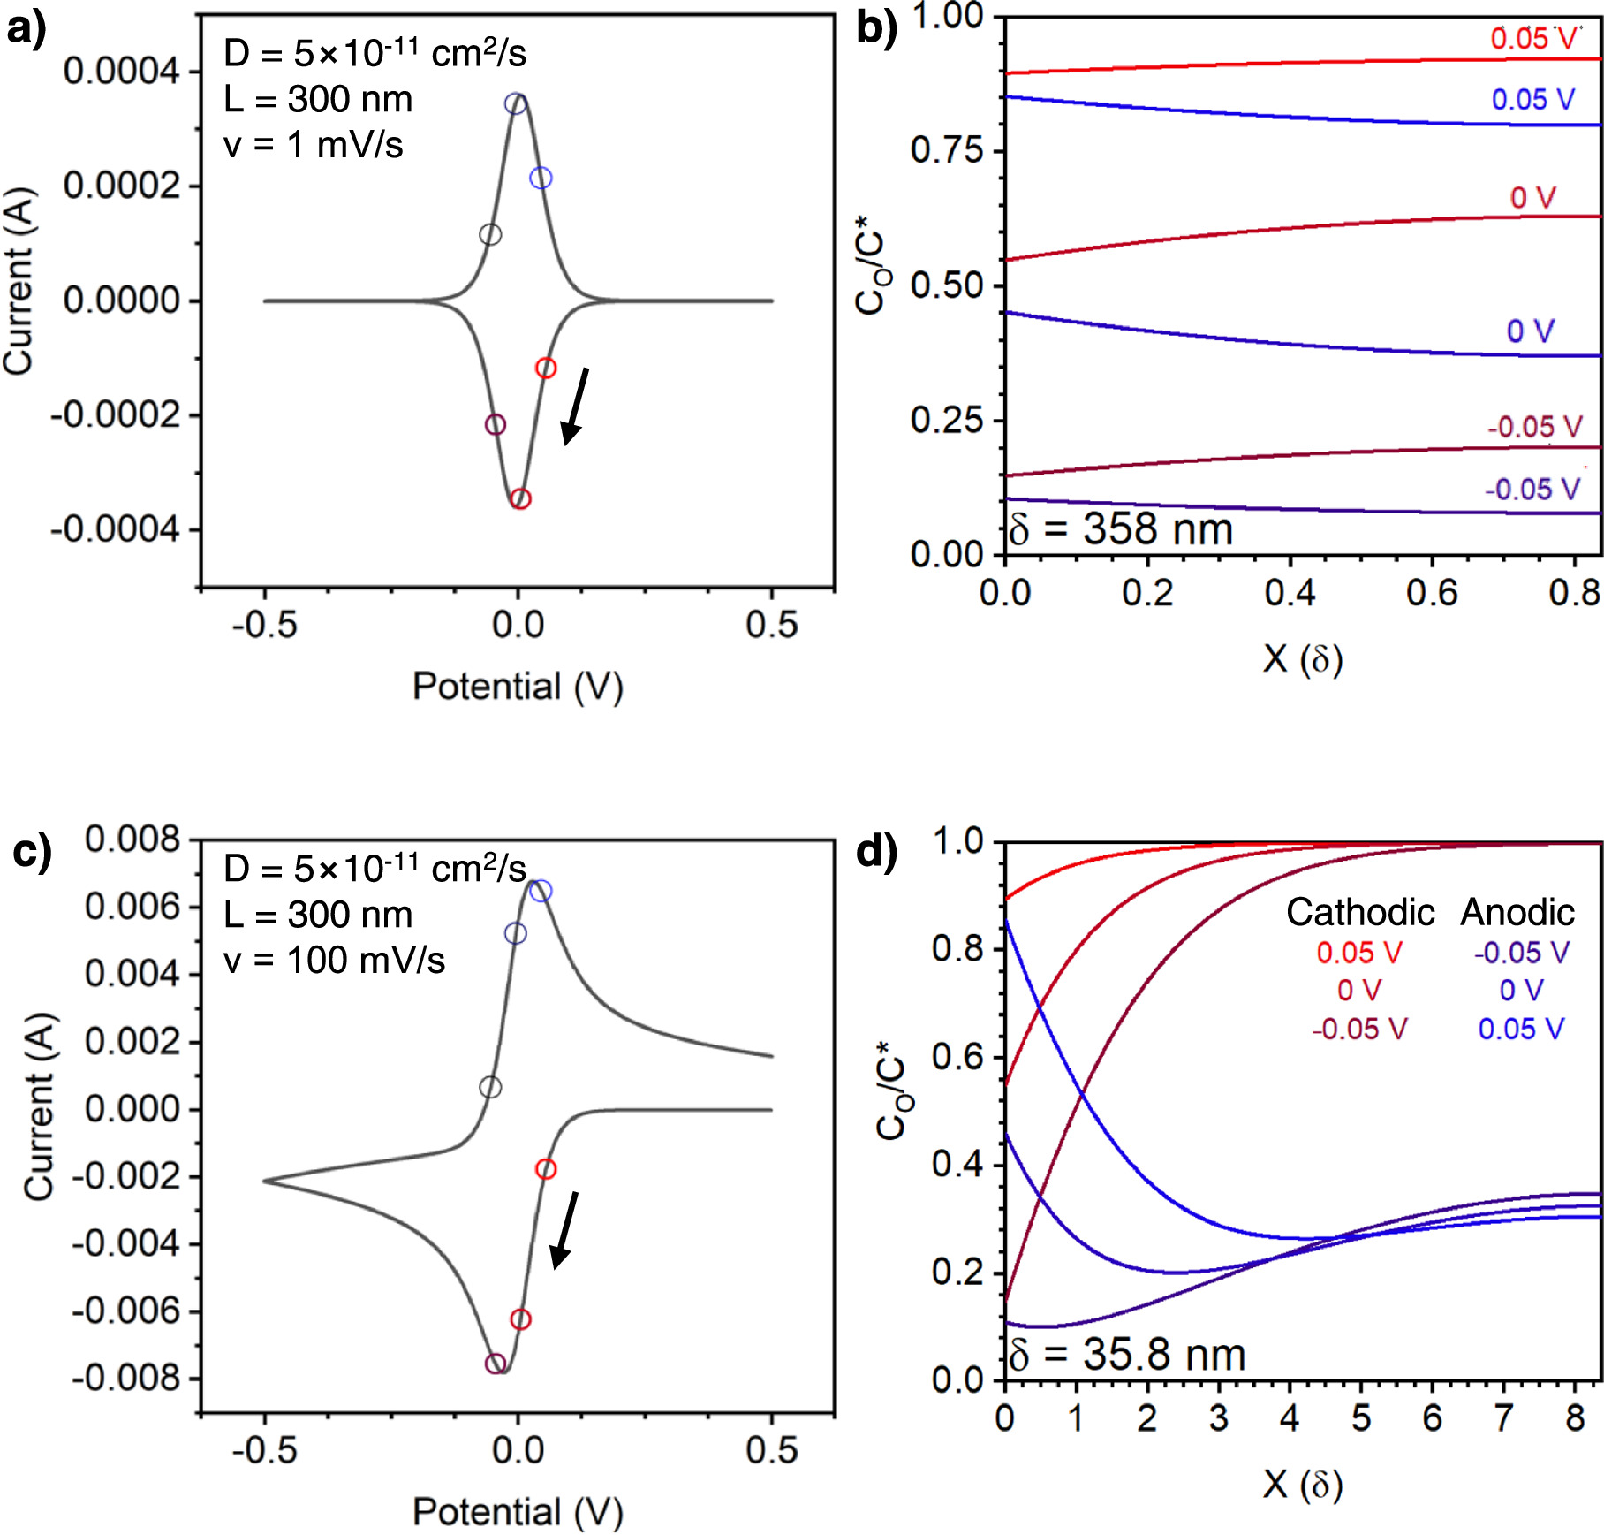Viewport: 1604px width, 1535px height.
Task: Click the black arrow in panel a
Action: pos(575,407)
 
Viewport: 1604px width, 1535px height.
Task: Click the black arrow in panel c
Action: pos(564,1229)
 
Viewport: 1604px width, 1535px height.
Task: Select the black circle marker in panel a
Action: pos(490,234)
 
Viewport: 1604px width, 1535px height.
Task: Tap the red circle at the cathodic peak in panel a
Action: pos(520,498)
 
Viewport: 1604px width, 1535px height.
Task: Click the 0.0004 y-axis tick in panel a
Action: pos(121,71)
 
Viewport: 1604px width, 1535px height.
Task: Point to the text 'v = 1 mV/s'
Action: pos(313,144)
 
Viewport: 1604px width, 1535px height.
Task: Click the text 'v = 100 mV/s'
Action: pos(334,960)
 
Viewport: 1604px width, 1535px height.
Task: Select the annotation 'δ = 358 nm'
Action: pos(1121,528)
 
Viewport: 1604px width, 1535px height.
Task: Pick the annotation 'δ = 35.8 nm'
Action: pos(1127,1354)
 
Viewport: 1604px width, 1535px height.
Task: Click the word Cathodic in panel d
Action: pos(1359,912)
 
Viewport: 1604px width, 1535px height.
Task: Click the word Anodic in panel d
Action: pos(1517,912)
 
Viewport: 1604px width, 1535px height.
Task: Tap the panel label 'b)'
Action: pos(875,28)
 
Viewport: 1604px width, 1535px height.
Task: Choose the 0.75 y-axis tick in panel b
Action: pos(946,150)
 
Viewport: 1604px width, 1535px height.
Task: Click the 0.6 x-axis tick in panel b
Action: pos(1431,592)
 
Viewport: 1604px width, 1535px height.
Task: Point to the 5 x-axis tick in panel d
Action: pos(1360,1417)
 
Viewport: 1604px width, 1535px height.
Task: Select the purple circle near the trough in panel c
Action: pos(496,1364)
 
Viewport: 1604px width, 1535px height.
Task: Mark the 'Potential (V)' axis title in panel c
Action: pos(518,1511)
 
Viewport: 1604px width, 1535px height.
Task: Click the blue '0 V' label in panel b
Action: pos(1530,331)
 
